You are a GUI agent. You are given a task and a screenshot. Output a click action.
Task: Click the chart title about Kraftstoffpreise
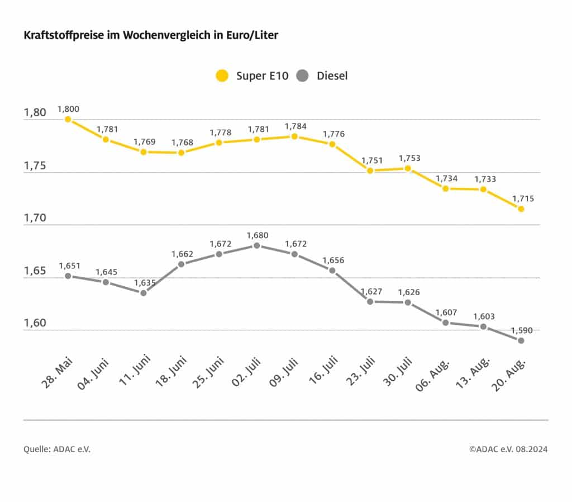pos(151,35)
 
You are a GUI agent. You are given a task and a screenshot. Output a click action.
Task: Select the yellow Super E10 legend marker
pos(223,75)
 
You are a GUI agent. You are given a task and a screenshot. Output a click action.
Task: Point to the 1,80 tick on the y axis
pos(35,113)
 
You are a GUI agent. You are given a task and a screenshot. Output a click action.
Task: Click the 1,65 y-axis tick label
pos(35,271)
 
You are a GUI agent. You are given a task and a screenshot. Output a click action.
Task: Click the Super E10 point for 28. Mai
pos(68,119)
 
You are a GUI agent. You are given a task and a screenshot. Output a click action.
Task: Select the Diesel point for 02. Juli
pos(256,245)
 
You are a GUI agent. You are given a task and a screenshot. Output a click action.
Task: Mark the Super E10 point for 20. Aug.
pos(521,209)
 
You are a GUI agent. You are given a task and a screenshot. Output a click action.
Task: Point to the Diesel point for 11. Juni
pos(144,293)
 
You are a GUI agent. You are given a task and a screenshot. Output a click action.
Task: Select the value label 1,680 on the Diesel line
pos(258,235)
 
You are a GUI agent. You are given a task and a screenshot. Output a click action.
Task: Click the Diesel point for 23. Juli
pos(370,301)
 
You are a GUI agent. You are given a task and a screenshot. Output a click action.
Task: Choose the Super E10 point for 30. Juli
pos(408,168)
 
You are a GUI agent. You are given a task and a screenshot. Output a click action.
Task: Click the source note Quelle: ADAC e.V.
pos(56,449)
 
